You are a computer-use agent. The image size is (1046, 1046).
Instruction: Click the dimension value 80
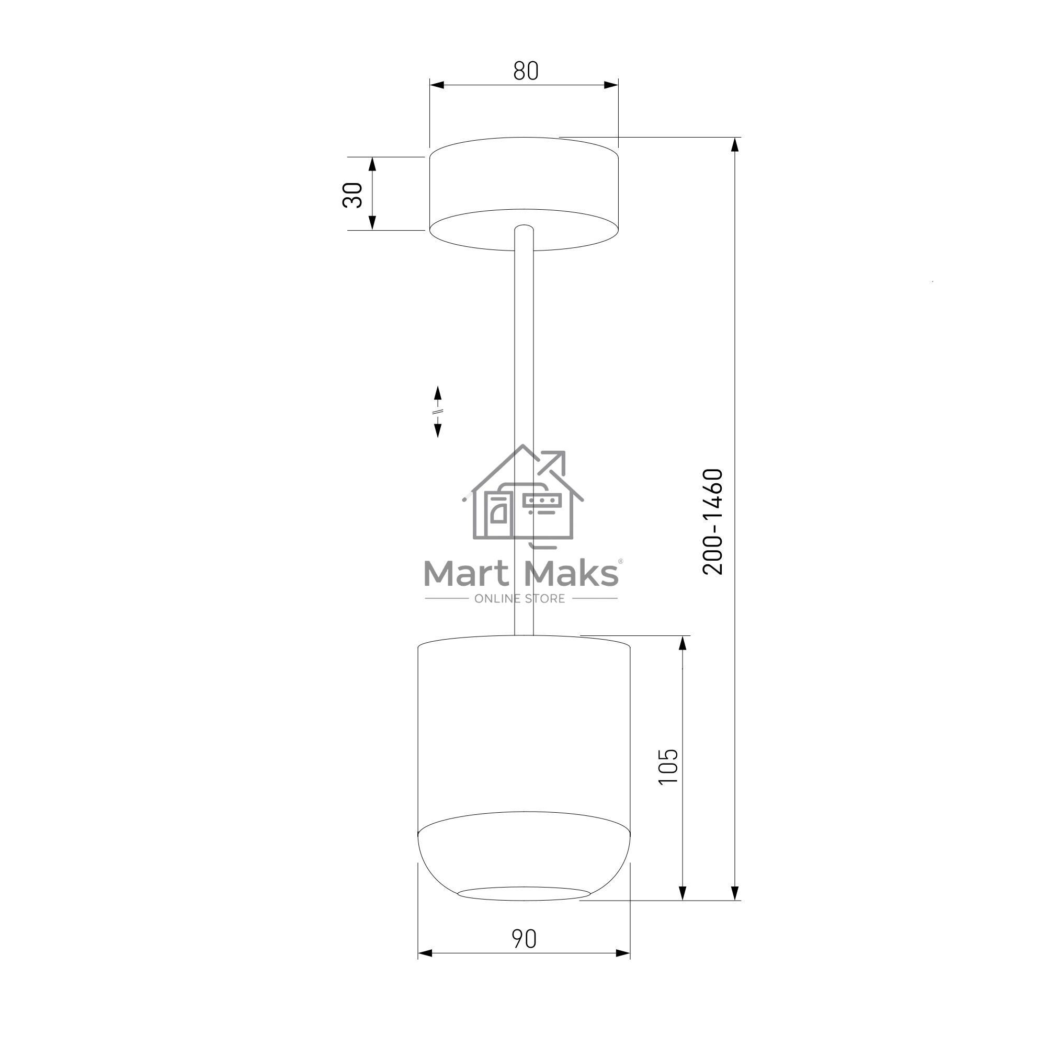click(526, 71)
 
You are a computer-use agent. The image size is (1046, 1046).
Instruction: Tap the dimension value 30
click(353, 195)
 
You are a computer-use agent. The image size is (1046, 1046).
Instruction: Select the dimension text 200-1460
click(712, 521)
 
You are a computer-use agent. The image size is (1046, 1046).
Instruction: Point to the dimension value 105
click(668, 766)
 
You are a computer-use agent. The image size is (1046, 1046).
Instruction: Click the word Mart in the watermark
click(466, 574)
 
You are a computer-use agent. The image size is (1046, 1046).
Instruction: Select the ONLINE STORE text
click(520, 599)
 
